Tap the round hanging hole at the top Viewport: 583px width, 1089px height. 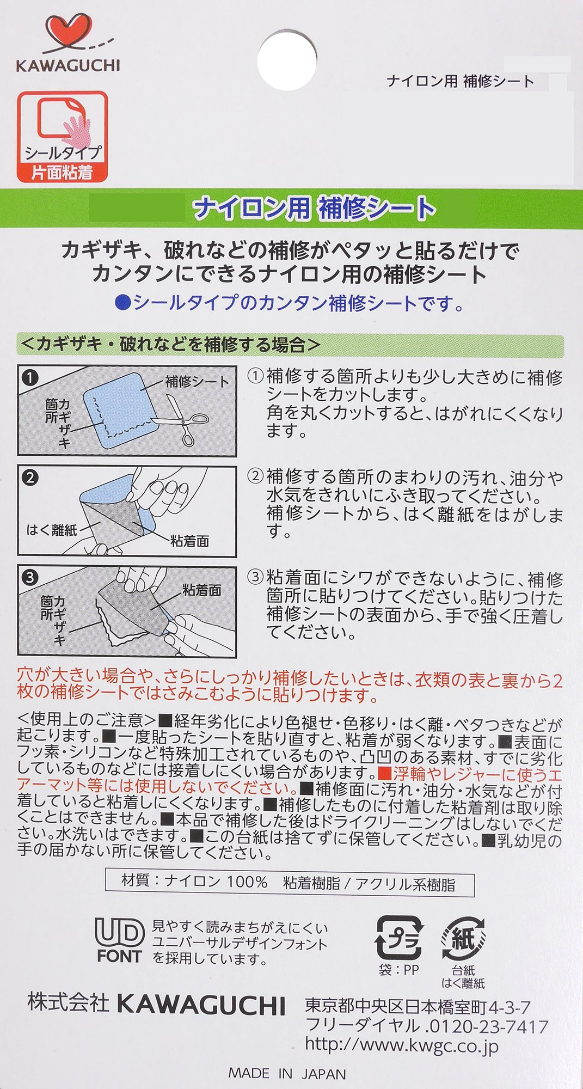287,60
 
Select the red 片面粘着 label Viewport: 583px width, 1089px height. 62,172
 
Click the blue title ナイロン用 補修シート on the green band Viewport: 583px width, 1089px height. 315,208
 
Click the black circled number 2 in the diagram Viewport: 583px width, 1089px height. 30,478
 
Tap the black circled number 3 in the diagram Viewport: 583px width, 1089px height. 30,577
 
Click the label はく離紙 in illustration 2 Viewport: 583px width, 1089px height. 52,529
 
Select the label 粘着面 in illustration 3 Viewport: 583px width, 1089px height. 202,590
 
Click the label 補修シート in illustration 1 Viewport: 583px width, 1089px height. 198,381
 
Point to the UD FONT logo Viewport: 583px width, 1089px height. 119,940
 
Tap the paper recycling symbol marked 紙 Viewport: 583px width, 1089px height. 463,938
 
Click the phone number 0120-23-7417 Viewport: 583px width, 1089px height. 488,1026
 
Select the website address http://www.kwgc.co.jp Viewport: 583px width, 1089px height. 402,1045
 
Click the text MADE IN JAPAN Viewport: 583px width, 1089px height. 287,1073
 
